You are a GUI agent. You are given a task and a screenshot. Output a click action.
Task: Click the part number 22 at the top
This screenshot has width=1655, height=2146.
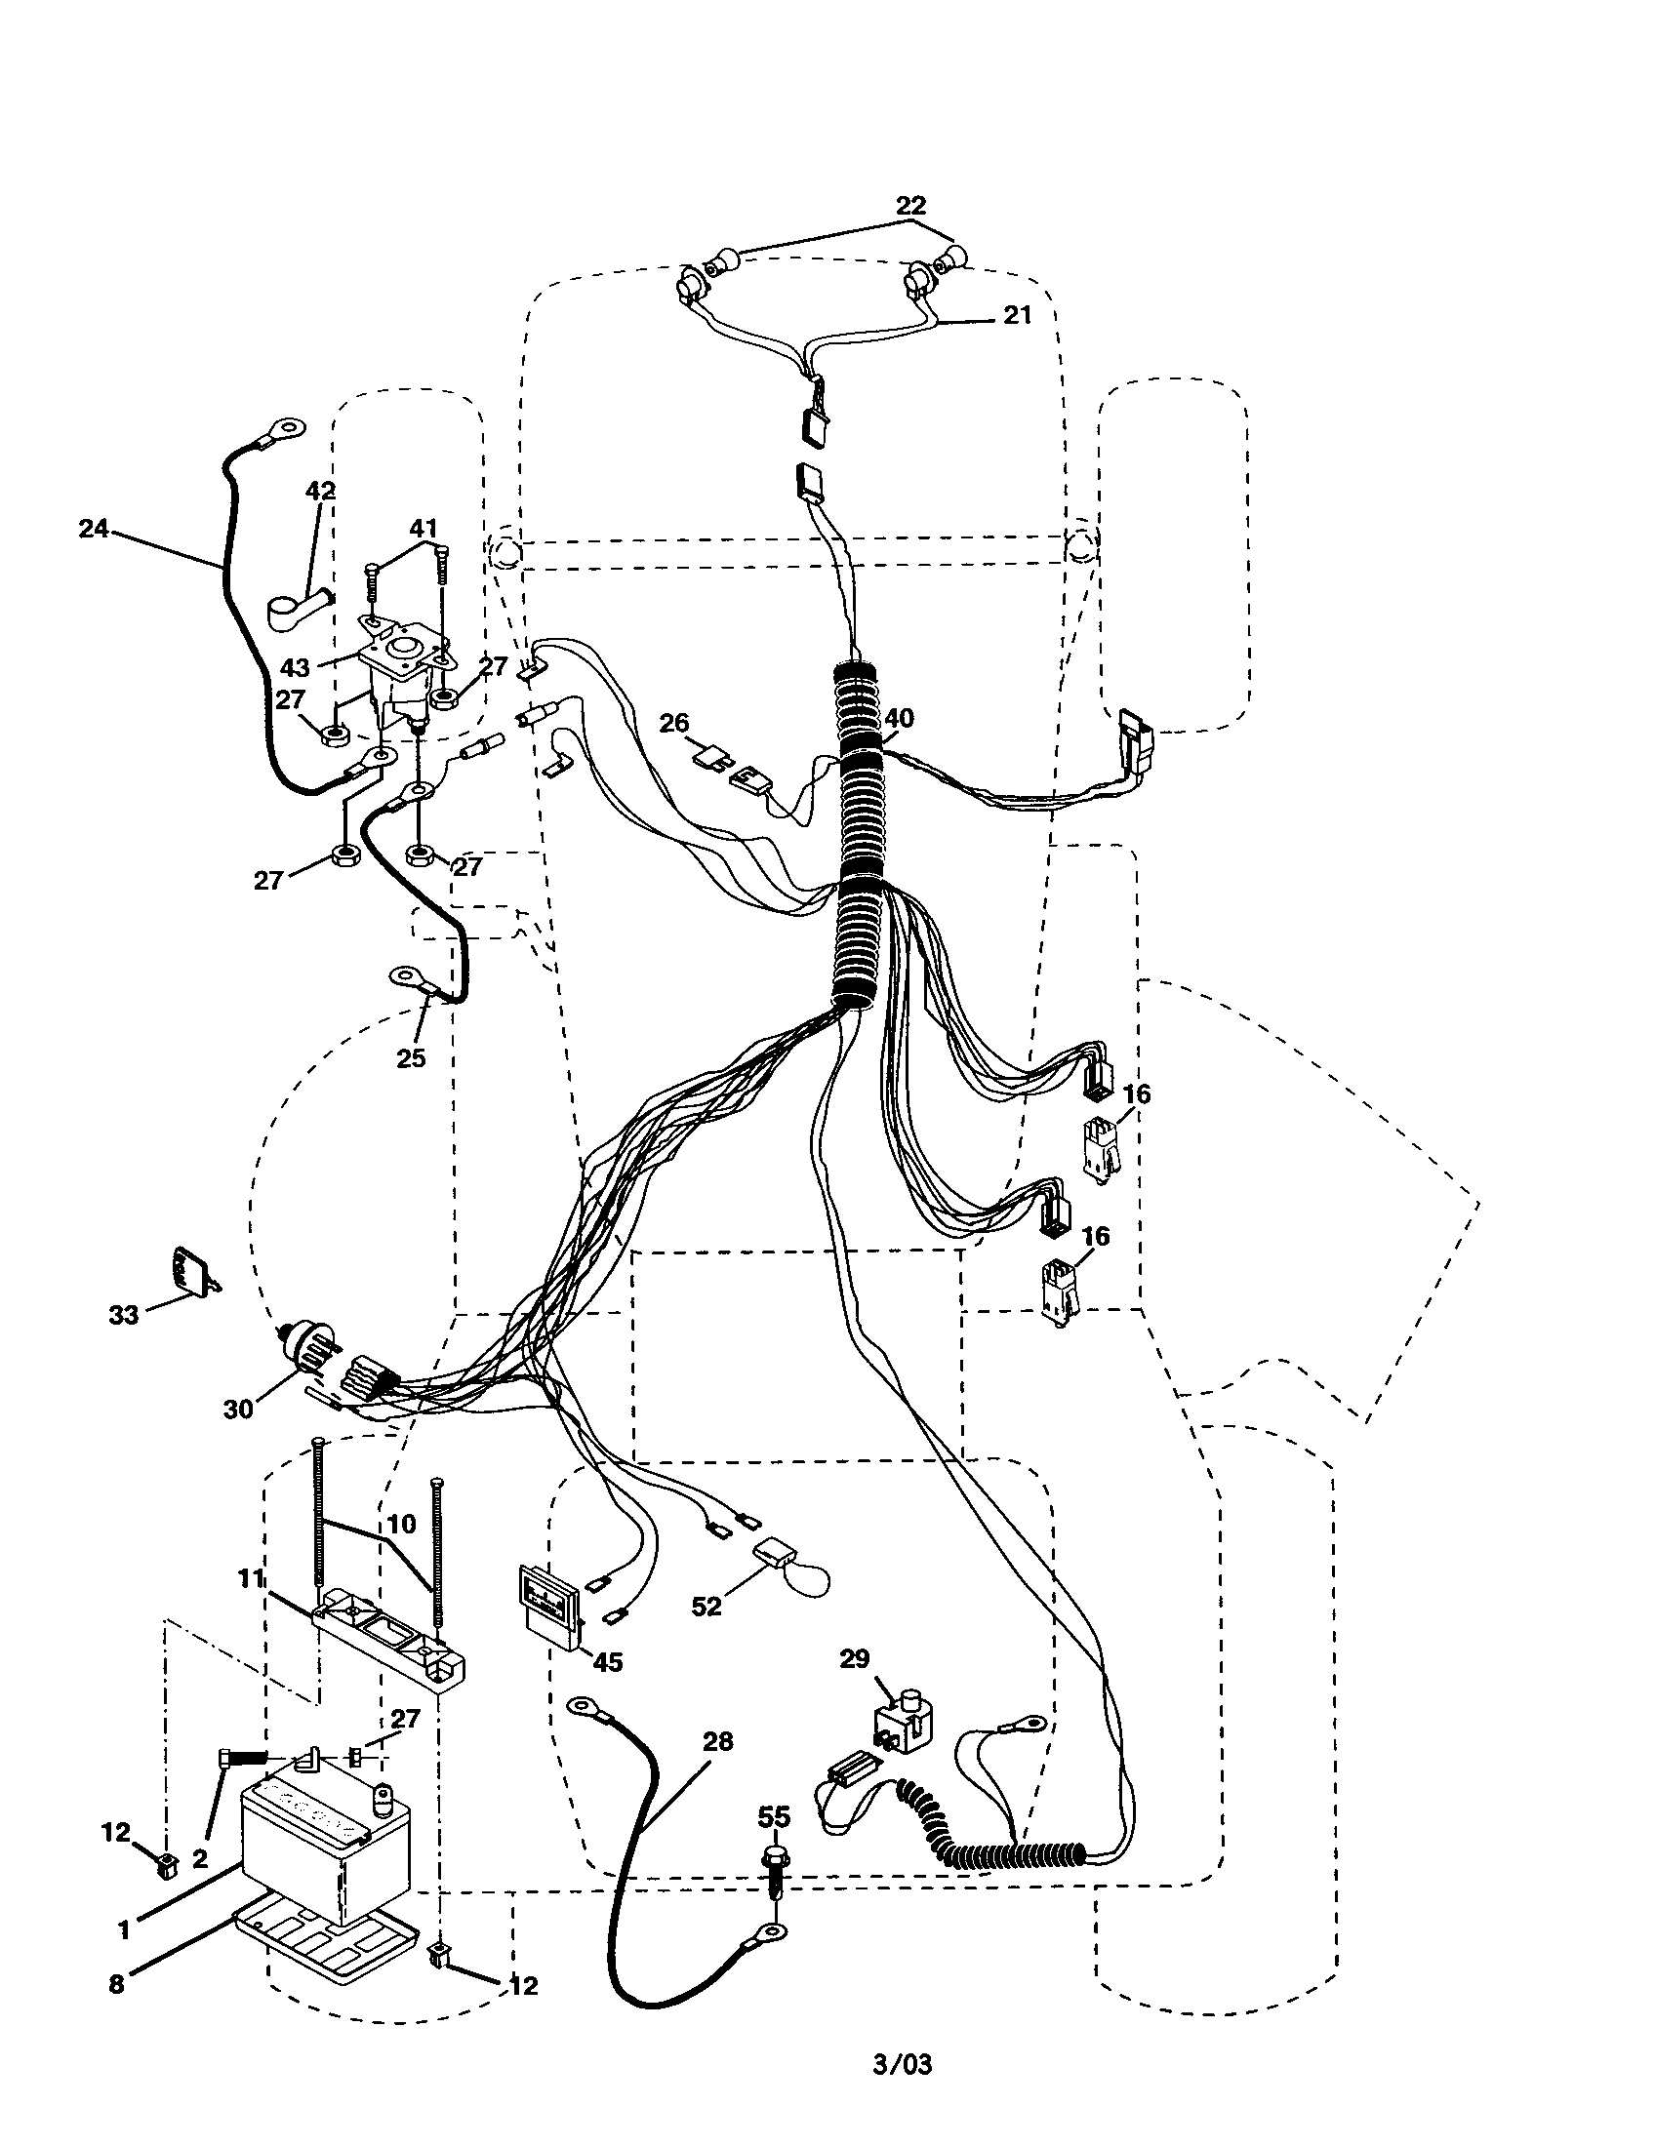[910, 206]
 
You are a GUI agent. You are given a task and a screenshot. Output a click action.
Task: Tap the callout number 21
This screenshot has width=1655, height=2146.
[1017, 314]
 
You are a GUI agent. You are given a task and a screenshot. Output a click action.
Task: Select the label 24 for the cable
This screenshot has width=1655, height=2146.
[94, 529]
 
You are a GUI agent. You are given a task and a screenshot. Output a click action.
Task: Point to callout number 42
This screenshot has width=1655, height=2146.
[320, 491]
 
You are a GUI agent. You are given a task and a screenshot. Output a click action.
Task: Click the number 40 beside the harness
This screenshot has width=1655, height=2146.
[899, 718]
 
